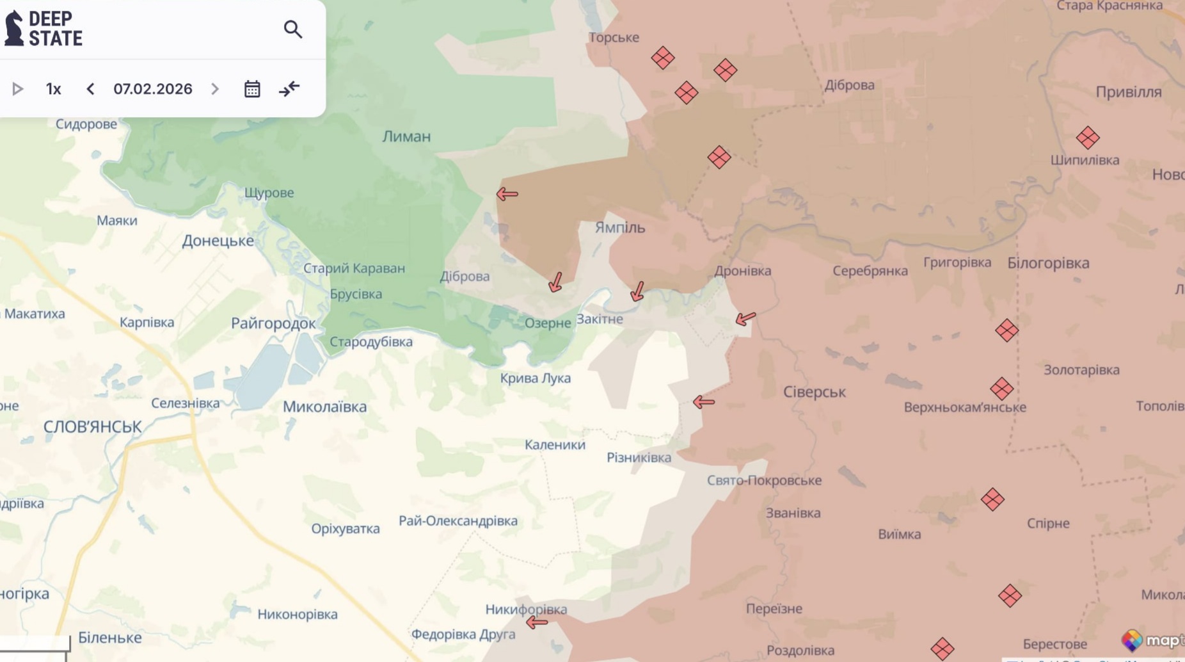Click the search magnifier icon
point(292,29)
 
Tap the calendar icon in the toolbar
point(252,89)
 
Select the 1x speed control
point(53,89)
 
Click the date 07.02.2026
point(153,89)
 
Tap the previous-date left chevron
point(90,89)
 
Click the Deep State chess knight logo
point(14,28)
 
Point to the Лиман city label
point(406,136)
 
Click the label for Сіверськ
point(814,392)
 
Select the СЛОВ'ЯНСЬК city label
point(92,427)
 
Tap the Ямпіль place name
point(619,227)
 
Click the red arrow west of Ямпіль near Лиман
point(507,193)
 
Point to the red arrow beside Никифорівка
point(537,622)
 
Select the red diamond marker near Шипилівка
point(1087,138)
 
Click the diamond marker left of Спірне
point(992,499)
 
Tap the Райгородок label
point(273,323)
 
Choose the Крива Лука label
point(535,378)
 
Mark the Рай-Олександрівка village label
point(458,521)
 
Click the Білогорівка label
point(1047,262)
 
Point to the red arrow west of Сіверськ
point(704,402)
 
